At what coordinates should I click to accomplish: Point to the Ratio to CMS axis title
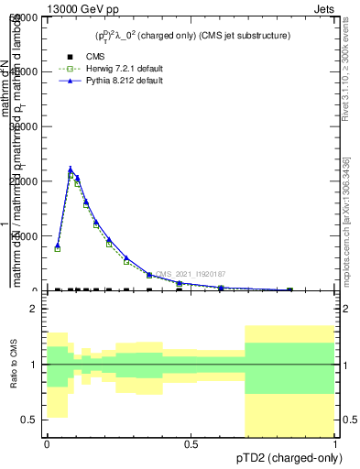click(14, 376)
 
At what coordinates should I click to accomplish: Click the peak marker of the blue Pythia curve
click(71, 169)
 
